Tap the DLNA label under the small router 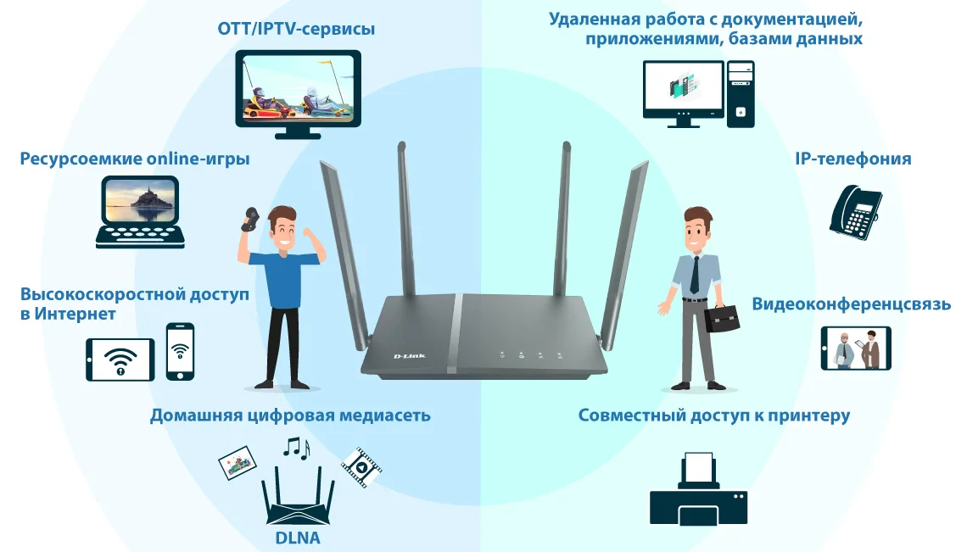297,537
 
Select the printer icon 697,491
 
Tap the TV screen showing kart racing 297,87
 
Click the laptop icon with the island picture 140,211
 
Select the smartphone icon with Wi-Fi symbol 180,351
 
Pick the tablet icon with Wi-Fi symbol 120,360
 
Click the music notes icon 296,447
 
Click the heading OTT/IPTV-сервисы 296,30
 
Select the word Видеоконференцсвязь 851,304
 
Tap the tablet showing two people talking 855,348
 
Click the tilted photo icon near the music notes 238,463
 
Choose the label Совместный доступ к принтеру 713,415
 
